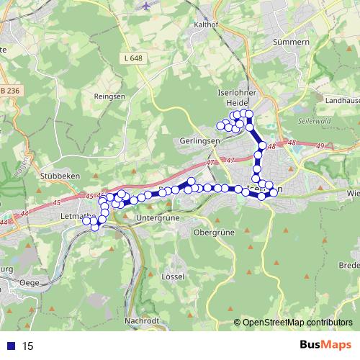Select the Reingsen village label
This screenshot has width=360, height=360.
(109, 96)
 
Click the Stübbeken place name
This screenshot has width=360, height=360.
(79, 175)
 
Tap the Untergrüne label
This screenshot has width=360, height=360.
(156, 217)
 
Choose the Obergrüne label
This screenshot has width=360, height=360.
(215, 233)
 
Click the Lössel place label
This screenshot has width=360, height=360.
(174, 276)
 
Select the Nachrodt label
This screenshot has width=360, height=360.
(141, 320)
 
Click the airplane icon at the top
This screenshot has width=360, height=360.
(149, 5)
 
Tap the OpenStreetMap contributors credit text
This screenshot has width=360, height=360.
(297, 323)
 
